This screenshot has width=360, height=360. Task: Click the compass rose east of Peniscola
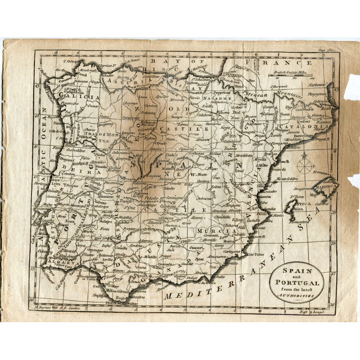coord(305,163)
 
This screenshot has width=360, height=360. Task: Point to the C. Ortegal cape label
coord(71,62)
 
